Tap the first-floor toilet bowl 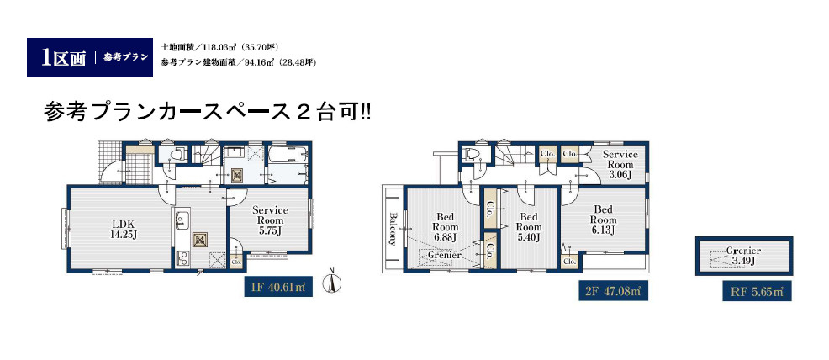point(178,155)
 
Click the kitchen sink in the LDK point(182,220)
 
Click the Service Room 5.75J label point(270,220)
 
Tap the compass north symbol point(332,283)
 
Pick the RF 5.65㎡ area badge point(758,290)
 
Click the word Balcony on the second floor point(393,229)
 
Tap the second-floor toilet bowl point(471,155)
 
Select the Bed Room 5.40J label point(529,227)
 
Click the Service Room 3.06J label point(620,165)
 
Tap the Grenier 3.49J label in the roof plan point(744,256)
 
